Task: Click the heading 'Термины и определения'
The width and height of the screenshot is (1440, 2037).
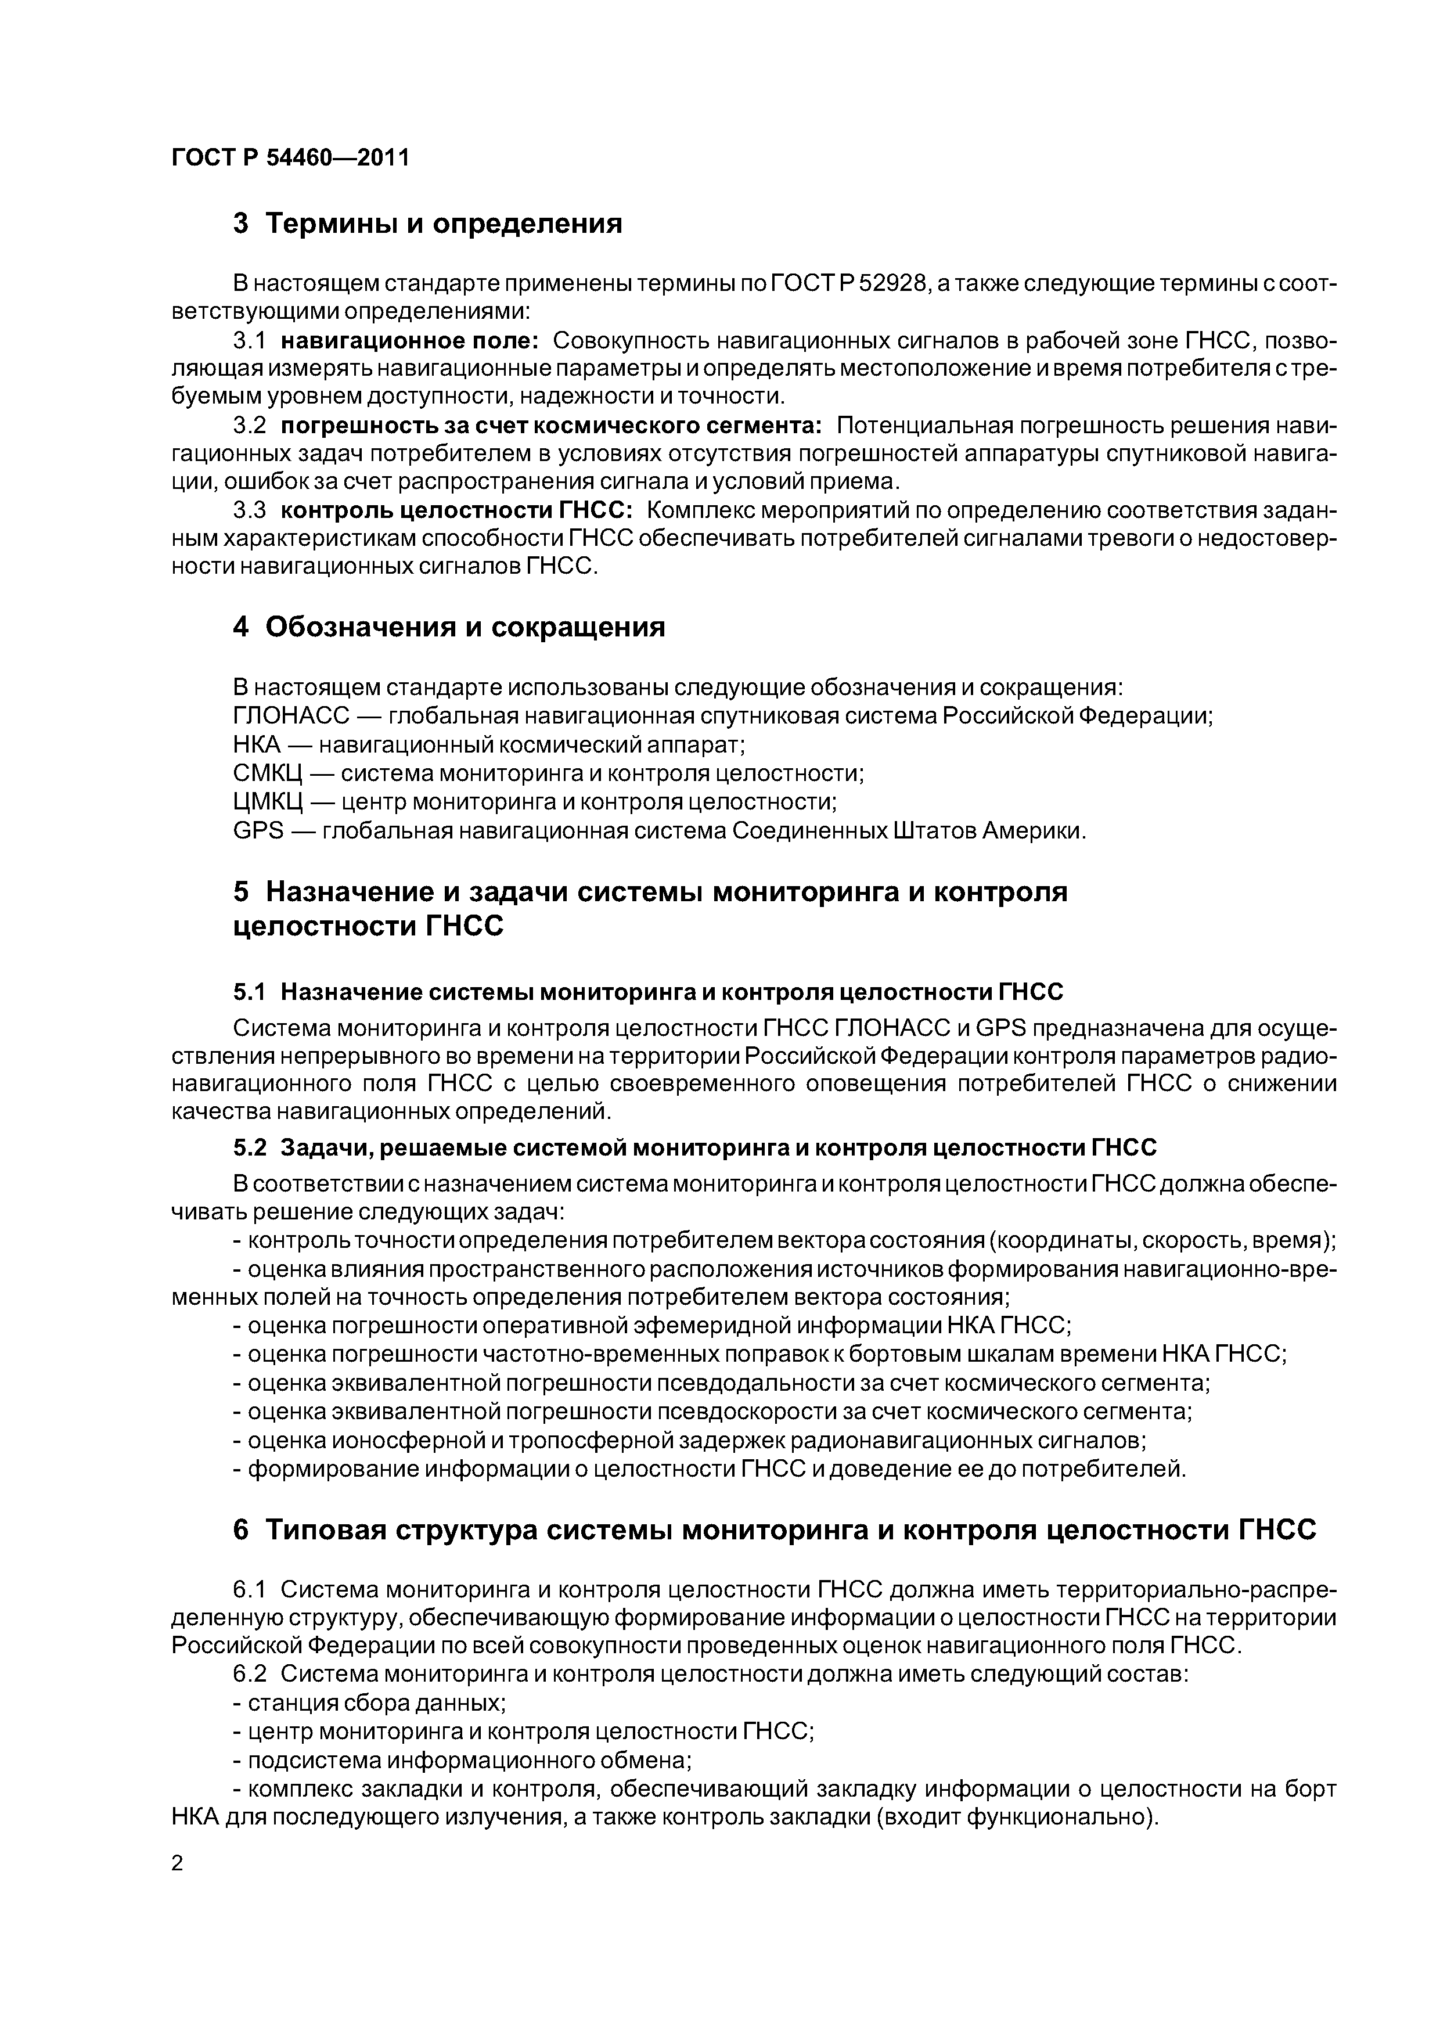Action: (x=444, y=224)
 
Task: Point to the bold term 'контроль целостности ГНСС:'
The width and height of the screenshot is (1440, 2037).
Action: (x=456, y=510)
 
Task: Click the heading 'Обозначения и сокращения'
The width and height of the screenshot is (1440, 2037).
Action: (x=465, y=627)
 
